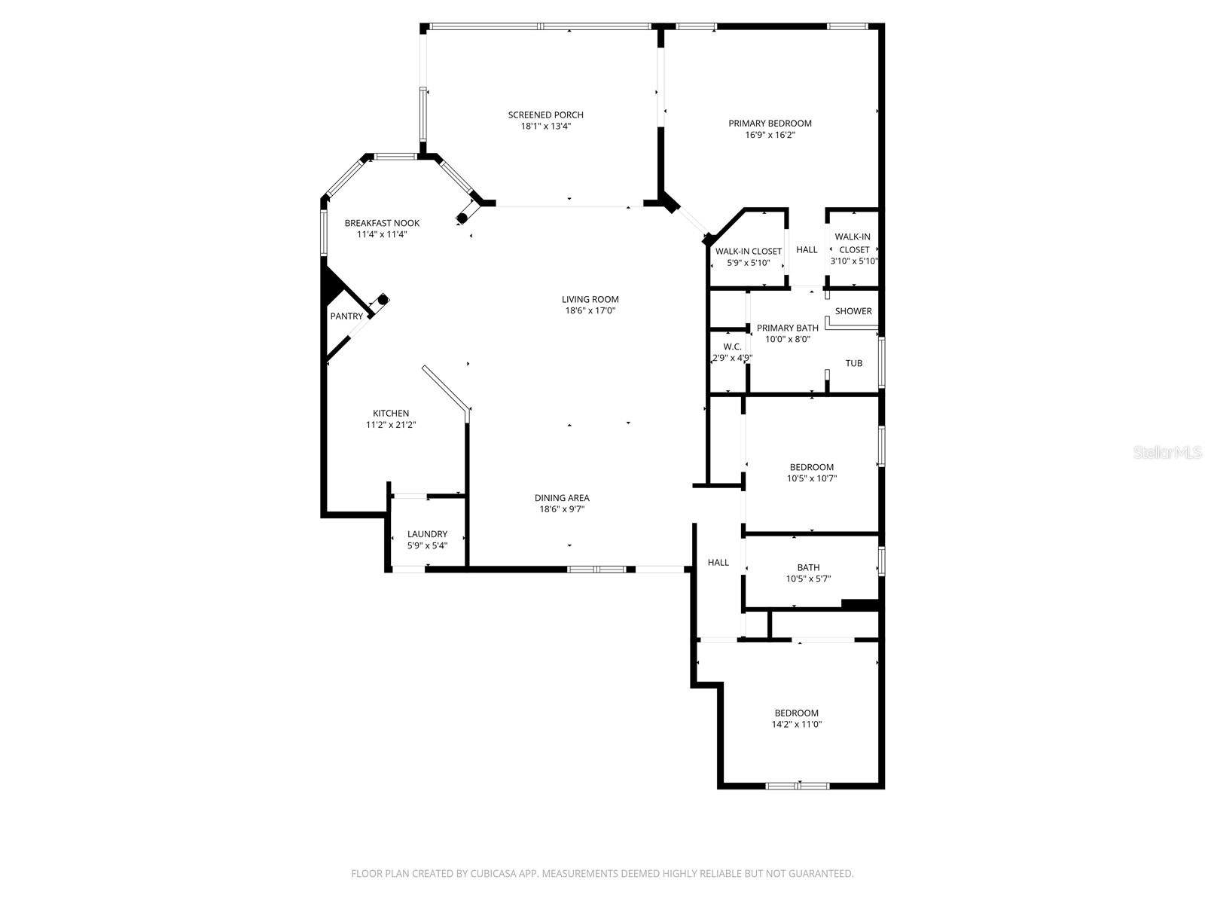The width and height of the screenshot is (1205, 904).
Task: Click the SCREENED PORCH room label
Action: [x=545, y=115]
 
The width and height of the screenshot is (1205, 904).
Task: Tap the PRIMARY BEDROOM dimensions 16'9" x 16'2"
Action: [x=770, y=135]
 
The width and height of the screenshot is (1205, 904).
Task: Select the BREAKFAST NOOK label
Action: [x=382, y=223]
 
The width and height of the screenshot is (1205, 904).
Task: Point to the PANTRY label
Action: [x=346, y=316]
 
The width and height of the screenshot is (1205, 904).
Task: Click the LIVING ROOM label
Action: [x=590, y=299]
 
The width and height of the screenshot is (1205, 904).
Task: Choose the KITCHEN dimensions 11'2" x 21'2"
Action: [x=391, y=424]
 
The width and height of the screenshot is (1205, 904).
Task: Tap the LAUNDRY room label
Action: [x=427, y=534]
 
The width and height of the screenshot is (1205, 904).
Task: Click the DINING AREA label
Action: [x=562, y=498]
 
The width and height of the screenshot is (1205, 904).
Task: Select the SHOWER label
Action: [x=853, y=310]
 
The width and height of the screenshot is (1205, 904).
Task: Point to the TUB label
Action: [x=853, y=363]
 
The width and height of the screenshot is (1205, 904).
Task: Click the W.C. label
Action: [x=732, y=347]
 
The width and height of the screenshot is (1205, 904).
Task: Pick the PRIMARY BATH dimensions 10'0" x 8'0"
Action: [x=787, y=339]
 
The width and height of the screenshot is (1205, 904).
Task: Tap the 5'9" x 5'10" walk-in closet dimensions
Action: [x=749, y=263]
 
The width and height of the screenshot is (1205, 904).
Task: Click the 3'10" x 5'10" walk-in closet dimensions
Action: [x=853, y=261]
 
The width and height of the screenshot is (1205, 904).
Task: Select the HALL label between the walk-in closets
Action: [x=807, y=250]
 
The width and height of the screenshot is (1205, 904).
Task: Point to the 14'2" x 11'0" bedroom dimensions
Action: [x=796, y=724]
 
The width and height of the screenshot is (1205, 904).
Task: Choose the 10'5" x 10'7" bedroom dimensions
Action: [x=811, y=478]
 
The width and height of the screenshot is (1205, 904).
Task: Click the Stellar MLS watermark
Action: [x=1167, y=452]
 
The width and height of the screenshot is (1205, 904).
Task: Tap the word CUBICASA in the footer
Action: [x=493, y=873]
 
